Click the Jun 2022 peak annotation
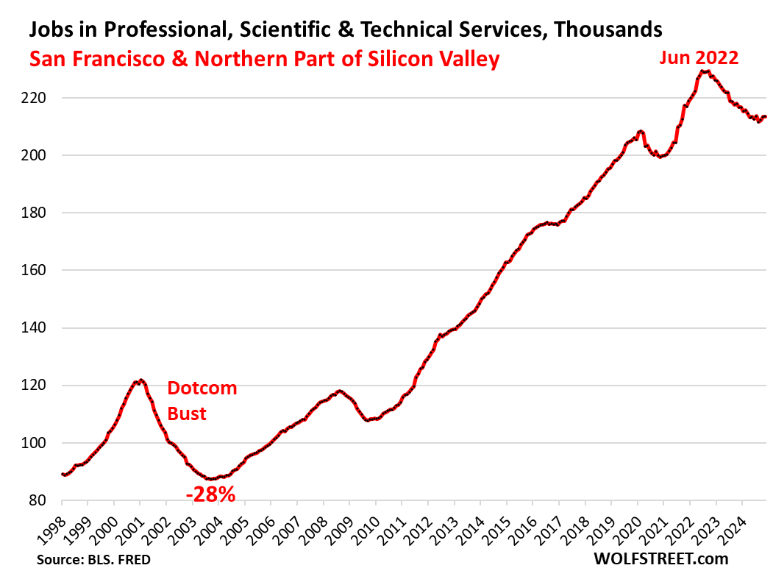(x=698, y=57)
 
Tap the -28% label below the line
(x=210, y=494)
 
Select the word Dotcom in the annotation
(x=202, y=388)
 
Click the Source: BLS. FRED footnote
(x=93, y=561)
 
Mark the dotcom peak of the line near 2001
(x=140, y=380)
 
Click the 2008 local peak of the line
(x=339, y=391)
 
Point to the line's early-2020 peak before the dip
(x=641, y=132)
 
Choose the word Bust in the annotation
(x=187, y=414)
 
